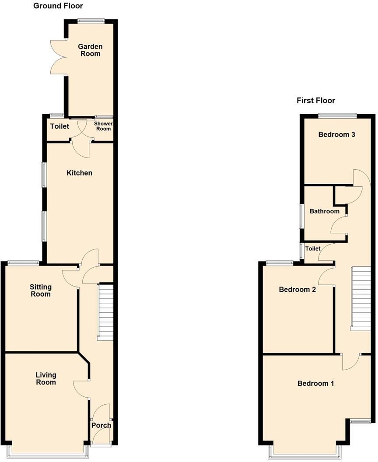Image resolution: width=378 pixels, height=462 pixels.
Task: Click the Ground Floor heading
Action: [x=58, y=6]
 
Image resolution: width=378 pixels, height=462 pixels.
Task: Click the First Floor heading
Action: [x=315, y=101]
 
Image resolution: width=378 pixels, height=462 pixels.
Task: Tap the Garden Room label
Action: [x=90, y=50]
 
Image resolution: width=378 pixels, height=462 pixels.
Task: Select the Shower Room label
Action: [x=104, y=126]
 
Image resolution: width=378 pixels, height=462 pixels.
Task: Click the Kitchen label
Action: [x=79, y=173]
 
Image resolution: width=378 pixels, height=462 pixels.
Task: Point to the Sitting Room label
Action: [x=40, y=290]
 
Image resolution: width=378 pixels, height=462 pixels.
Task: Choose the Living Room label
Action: [x=46, y=378]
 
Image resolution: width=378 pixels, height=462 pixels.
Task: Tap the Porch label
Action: [x=101, y=425]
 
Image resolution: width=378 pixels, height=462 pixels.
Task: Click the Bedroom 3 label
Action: [x=336, y=135]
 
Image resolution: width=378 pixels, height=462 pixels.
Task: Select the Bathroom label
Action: [x=324, y=211]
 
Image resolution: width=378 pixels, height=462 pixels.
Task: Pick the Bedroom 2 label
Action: [x=297, y=290]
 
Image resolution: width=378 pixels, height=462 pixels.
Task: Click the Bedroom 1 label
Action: [x=315, y=384]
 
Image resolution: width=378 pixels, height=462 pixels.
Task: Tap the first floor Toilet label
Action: [x=313, y=248]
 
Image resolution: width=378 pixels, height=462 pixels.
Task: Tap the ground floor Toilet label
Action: [x=60, y=127]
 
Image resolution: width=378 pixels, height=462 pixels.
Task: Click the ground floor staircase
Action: [x=105, y=311]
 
